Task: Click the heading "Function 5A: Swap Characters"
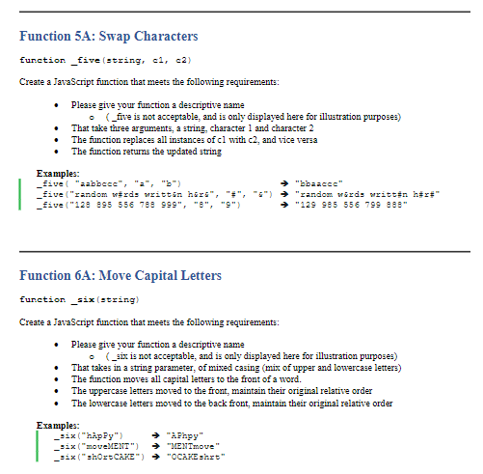click(x=108, y=37)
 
